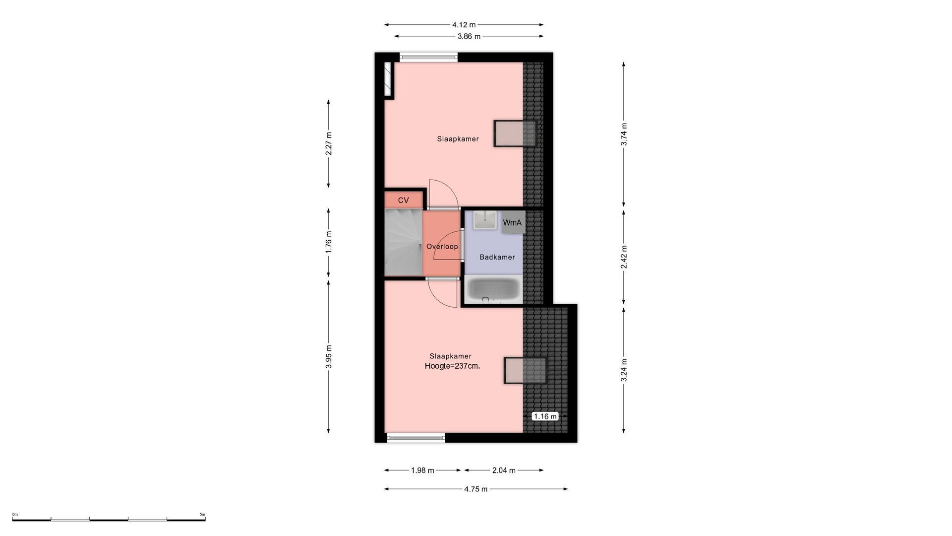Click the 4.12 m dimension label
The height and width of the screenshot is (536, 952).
click(x=464, y=25)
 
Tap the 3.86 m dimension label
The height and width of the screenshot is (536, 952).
click(x=469, y=36)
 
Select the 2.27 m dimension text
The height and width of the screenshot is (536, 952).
click(x=329, y=143)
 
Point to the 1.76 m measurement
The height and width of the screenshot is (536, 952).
click(x=329, y=242)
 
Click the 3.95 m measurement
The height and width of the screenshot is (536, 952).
click(x=329, y=357)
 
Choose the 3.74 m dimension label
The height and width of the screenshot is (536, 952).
click(x=624, y=134)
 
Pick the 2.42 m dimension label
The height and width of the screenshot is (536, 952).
click(x=624, y=257)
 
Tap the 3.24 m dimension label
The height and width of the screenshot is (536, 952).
click(x=624, y=370)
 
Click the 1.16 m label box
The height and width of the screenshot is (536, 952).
click(x=545, y=416)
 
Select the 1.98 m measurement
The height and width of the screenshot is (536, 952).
click(x=422, y=470)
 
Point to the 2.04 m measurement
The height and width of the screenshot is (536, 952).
click(x=504, y=470)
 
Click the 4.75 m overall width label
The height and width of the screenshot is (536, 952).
click(x=476, y=489)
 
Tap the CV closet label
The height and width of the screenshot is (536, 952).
click(x=404, y=201)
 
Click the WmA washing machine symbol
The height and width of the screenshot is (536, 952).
click(x=513, y=222)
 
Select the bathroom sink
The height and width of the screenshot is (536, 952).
click(x=485, y=220)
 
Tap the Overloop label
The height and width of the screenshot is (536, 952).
click(x=442, y=247)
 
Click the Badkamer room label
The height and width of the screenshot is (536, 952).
click(x=497, y=257)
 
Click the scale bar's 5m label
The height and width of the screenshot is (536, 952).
click(x=202, y=515)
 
